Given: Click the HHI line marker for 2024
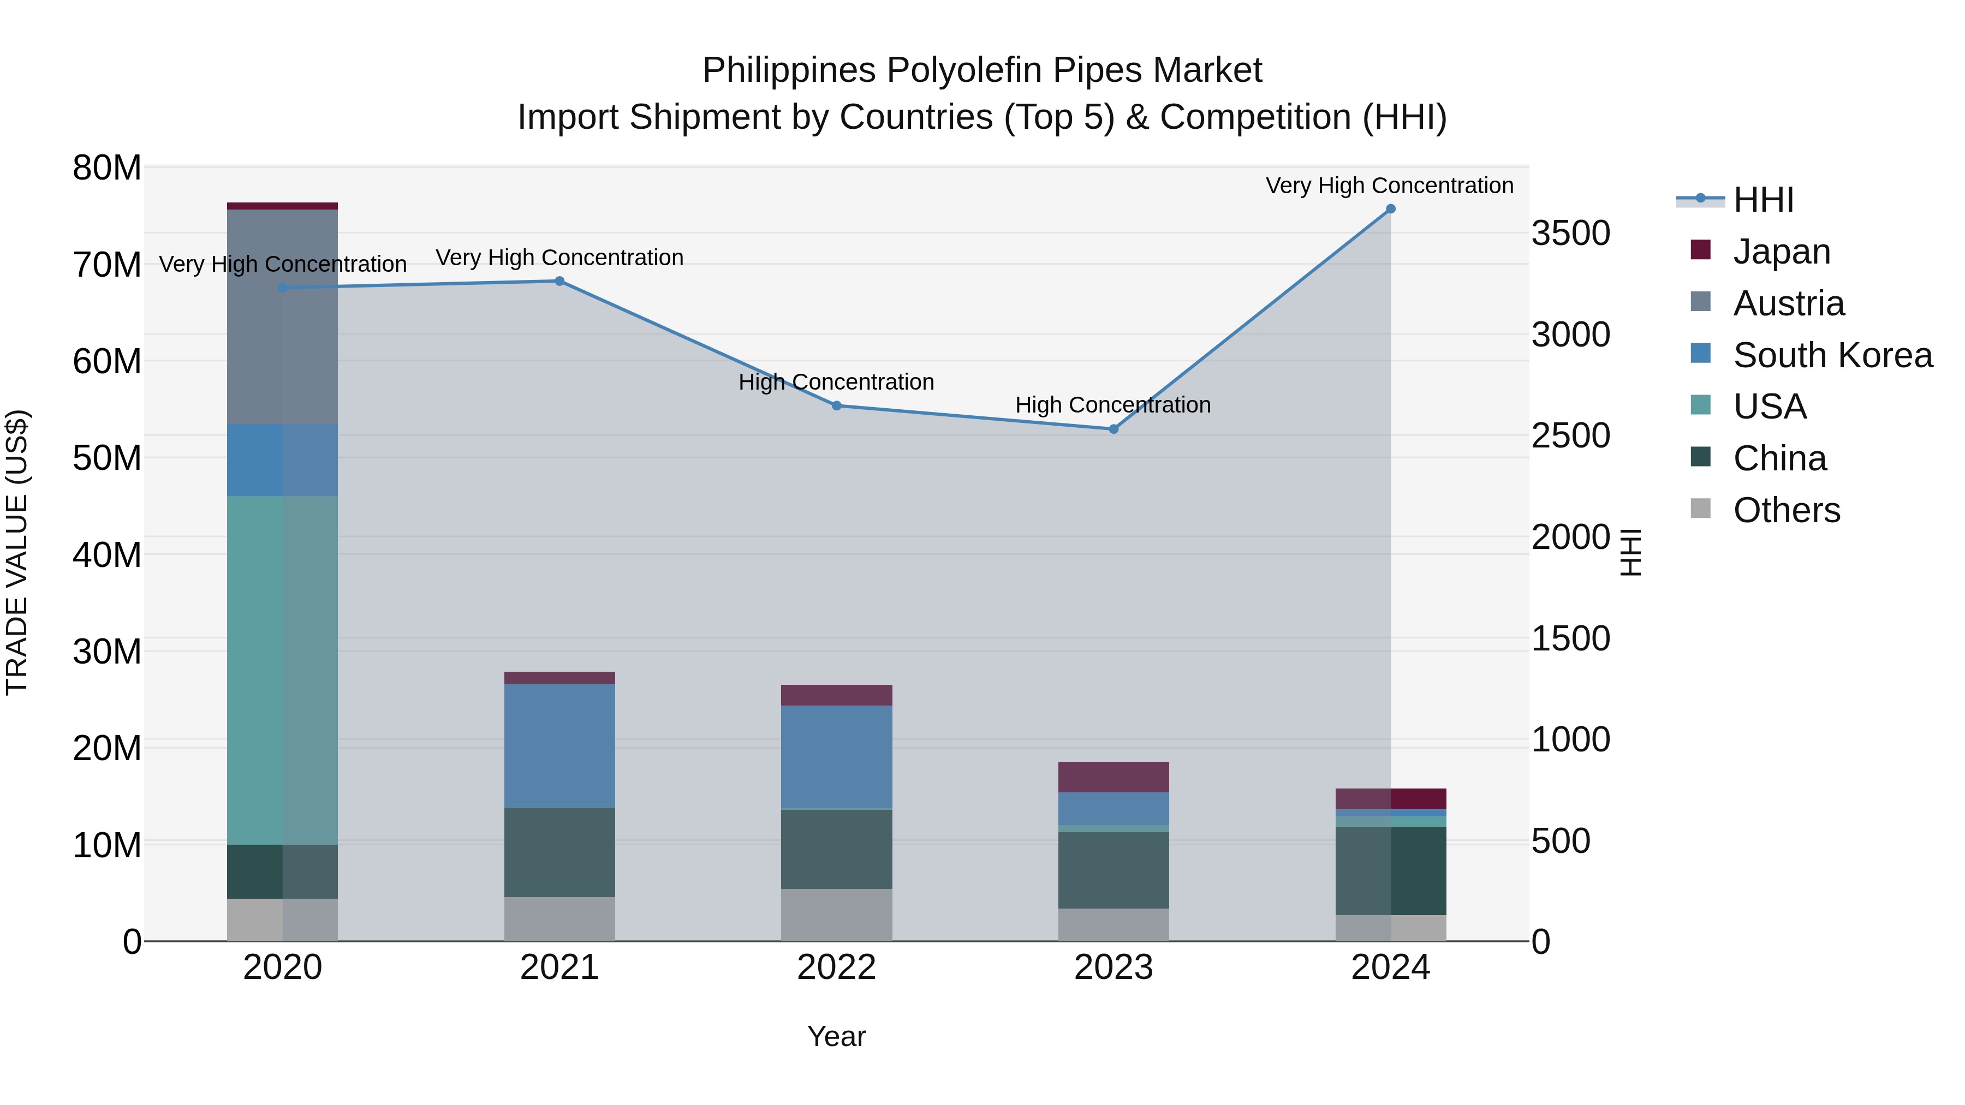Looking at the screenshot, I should pos(1390,209).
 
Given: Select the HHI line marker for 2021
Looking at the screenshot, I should pos(559,282).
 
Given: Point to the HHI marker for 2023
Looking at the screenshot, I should pos(1113,429).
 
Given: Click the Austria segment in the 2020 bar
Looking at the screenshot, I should pos(282,316).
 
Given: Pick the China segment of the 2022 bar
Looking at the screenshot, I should pos(836,849).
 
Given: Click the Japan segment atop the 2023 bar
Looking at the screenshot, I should pos(1113,777).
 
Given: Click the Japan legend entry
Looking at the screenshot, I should pos(1781,252).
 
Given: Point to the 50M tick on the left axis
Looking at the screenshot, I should pos(107,458).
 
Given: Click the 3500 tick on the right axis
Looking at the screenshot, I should pos(1570,234).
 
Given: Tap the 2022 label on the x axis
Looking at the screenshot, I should pos(836,967).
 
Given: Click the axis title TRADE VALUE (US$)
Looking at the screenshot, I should pos(17,553).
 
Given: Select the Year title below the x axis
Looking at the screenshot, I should pos(836,1036).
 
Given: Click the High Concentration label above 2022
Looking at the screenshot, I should pos(836,382).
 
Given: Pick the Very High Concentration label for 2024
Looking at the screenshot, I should pos(1389,186).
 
